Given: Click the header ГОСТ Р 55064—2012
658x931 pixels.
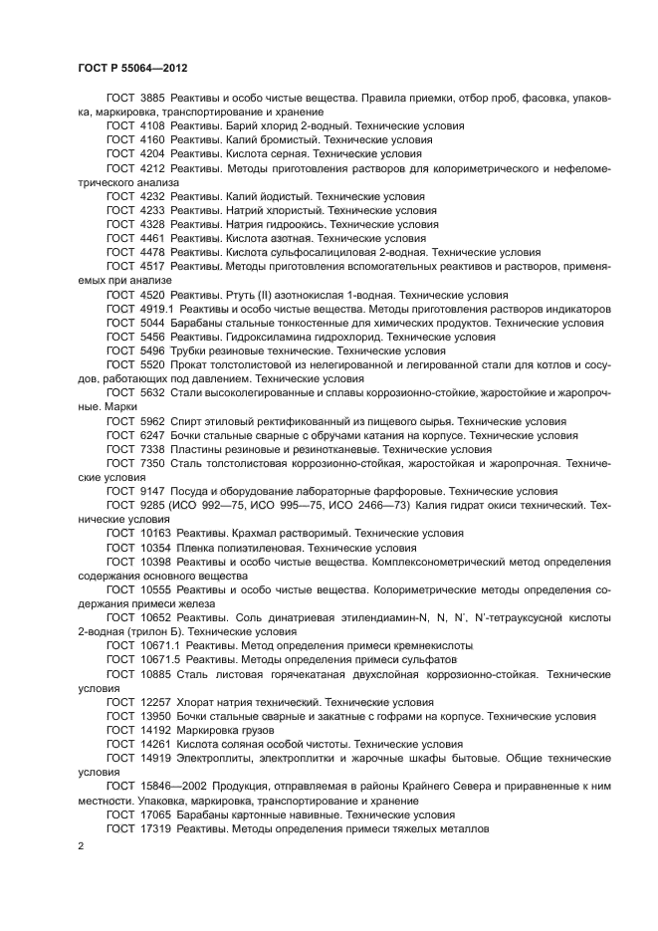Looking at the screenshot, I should (132, 68).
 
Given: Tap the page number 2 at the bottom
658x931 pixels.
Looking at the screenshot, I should (81, 845).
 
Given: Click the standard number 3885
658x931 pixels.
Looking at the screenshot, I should (152, 100).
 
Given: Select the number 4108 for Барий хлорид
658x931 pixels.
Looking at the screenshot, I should (152, 127).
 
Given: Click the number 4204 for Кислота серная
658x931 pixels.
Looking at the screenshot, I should (152, 155).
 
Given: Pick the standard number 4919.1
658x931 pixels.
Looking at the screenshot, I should (156, 310).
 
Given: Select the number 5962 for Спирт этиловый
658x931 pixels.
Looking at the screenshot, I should (152, 421).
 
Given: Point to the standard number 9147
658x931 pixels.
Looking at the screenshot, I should (152, 492).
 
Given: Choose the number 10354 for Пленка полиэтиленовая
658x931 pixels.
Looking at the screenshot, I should (155, 548).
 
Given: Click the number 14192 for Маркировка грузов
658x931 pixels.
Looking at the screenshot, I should (155, 730).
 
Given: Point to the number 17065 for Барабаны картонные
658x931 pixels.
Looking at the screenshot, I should (155, 814).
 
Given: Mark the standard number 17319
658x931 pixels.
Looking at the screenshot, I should (155, 827).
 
